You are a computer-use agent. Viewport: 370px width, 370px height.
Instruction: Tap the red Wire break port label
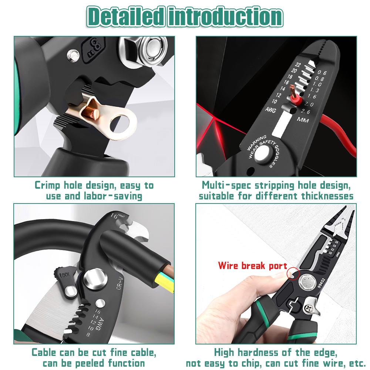pyautogui.click(x=252, y=266)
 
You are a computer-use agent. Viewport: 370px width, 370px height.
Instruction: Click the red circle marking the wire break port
pyautogui.click(x=293, y=273)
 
